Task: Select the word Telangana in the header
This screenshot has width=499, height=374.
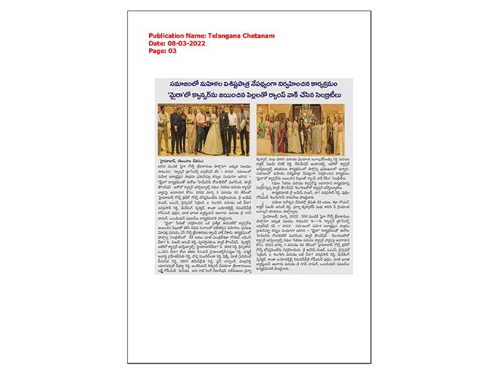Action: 228,36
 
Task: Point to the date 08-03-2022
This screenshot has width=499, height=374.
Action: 188,44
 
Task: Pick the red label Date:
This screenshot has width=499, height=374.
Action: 157,44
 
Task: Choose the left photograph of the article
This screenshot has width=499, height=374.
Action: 203,129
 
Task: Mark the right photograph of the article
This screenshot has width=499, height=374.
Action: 304,129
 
